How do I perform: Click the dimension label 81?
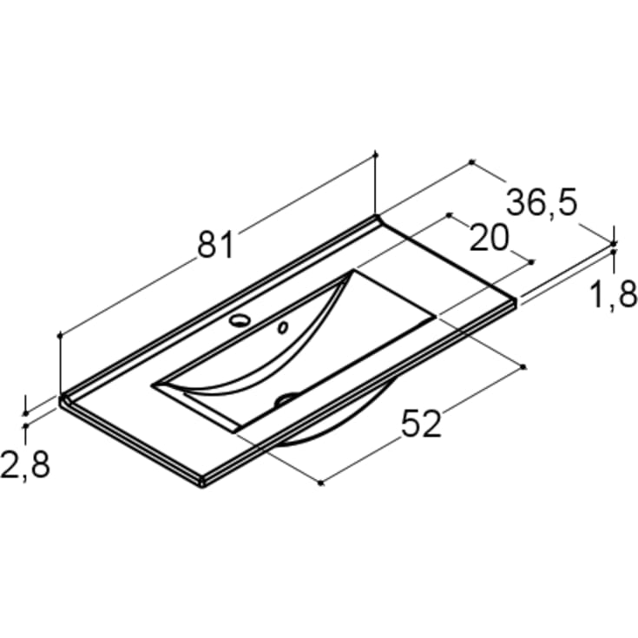point(216,244)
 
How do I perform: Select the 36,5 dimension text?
point(542,202)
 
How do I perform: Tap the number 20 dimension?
point(489,238)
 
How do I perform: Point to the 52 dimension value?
point(421,424)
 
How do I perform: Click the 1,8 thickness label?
point(613,294)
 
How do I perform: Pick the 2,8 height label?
point(25,464)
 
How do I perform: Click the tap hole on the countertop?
point(240,320)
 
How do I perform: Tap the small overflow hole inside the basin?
point(283,327)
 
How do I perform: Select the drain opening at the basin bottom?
point(286,398)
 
